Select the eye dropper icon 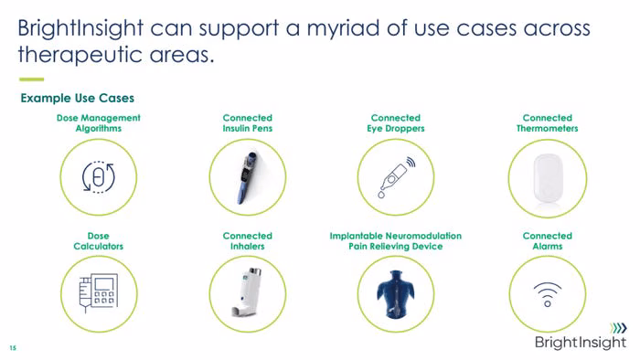click(x=396, y=177)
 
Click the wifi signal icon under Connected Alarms click(x=548, y=294)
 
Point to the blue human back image click(x=396, y=294)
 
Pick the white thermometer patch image click(x=549, y=179)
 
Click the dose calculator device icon click(x=99, y=292)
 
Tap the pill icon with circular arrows click(x=99, y=177)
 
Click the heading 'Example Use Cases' click(x=78, y=99)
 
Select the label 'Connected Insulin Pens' click(x=248, y=123)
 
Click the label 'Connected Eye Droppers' click(x=396, y=123)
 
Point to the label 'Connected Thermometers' click(x=548, y=123)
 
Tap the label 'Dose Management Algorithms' click(x=99, y=123)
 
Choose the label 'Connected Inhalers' click(x=248, y=241)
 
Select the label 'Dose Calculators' click(x=99, y=241)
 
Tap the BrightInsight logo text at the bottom click(x=580, y=342)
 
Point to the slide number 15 click(x=13, y=348)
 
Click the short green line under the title click(x=31, y=79)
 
